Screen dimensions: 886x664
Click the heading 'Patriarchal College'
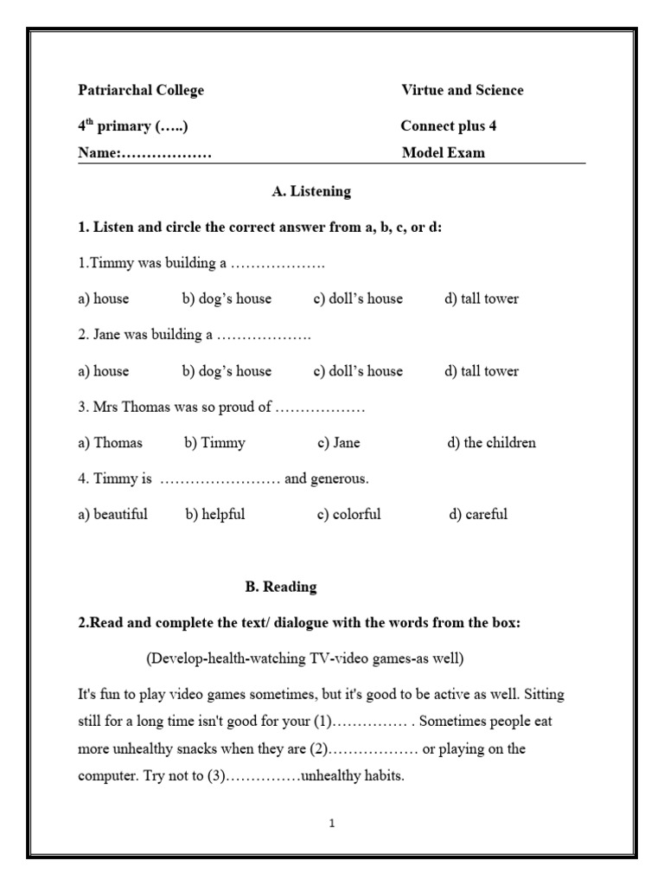(x=141, y=90)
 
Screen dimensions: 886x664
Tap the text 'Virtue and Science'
(x=462, y=90)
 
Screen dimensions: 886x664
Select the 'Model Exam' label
(x=444, y=153)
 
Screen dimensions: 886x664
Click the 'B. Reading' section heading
(x=281, y=587)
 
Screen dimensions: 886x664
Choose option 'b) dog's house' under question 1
(x=227, y=299)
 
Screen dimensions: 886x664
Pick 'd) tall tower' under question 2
(x=482, y=371)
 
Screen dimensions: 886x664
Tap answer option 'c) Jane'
(x=338, y=443)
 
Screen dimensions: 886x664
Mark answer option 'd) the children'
(x=491, y=443)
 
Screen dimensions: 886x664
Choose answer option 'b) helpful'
(x=215, y=514)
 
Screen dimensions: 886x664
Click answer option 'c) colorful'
(x=348, y=514)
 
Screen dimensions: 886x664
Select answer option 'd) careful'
(x=478, y=514)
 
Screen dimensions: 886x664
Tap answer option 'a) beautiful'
(x=112, y=514)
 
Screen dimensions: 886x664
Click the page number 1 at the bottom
(x=331, y=824)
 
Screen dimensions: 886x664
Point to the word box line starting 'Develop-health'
(x=305, y=659)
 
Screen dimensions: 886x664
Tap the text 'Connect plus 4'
(x=449, y=126)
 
